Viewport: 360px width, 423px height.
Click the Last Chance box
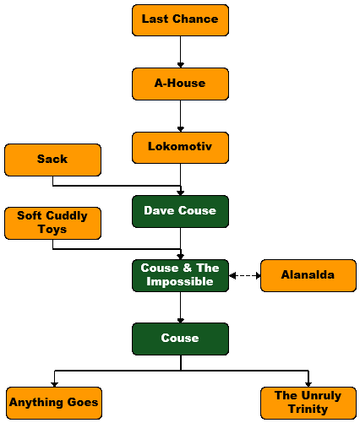[180, 20]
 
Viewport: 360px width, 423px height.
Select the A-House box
[180, 84]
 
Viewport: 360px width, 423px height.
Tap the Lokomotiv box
[180, 148]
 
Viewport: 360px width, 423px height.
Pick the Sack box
[52, 160]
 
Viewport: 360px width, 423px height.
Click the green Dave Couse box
[180, 211]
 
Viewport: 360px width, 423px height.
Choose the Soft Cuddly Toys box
[52, 223]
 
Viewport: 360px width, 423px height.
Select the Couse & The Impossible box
[180, 275]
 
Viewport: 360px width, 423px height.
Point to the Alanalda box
[308, 275]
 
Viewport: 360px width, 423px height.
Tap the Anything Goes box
[54, 403]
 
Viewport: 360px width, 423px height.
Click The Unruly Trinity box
[308, 403]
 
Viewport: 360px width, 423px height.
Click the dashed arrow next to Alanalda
[245, 275]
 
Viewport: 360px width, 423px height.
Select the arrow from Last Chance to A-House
[181, 52]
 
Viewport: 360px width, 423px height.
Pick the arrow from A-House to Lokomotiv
[181, 116]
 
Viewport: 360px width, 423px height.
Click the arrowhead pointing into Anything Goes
[54, 384]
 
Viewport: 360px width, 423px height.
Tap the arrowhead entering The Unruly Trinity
[308, 384]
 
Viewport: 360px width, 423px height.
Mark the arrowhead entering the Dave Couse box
[181, 193]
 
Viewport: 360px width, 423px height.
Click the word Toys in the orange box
[52, 229]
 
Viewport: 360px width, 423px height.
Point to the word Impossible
[180, 281]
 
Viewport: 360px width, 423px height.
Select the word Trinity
[308, 409]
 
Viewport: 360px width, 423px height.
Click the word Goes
[83, 402]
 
